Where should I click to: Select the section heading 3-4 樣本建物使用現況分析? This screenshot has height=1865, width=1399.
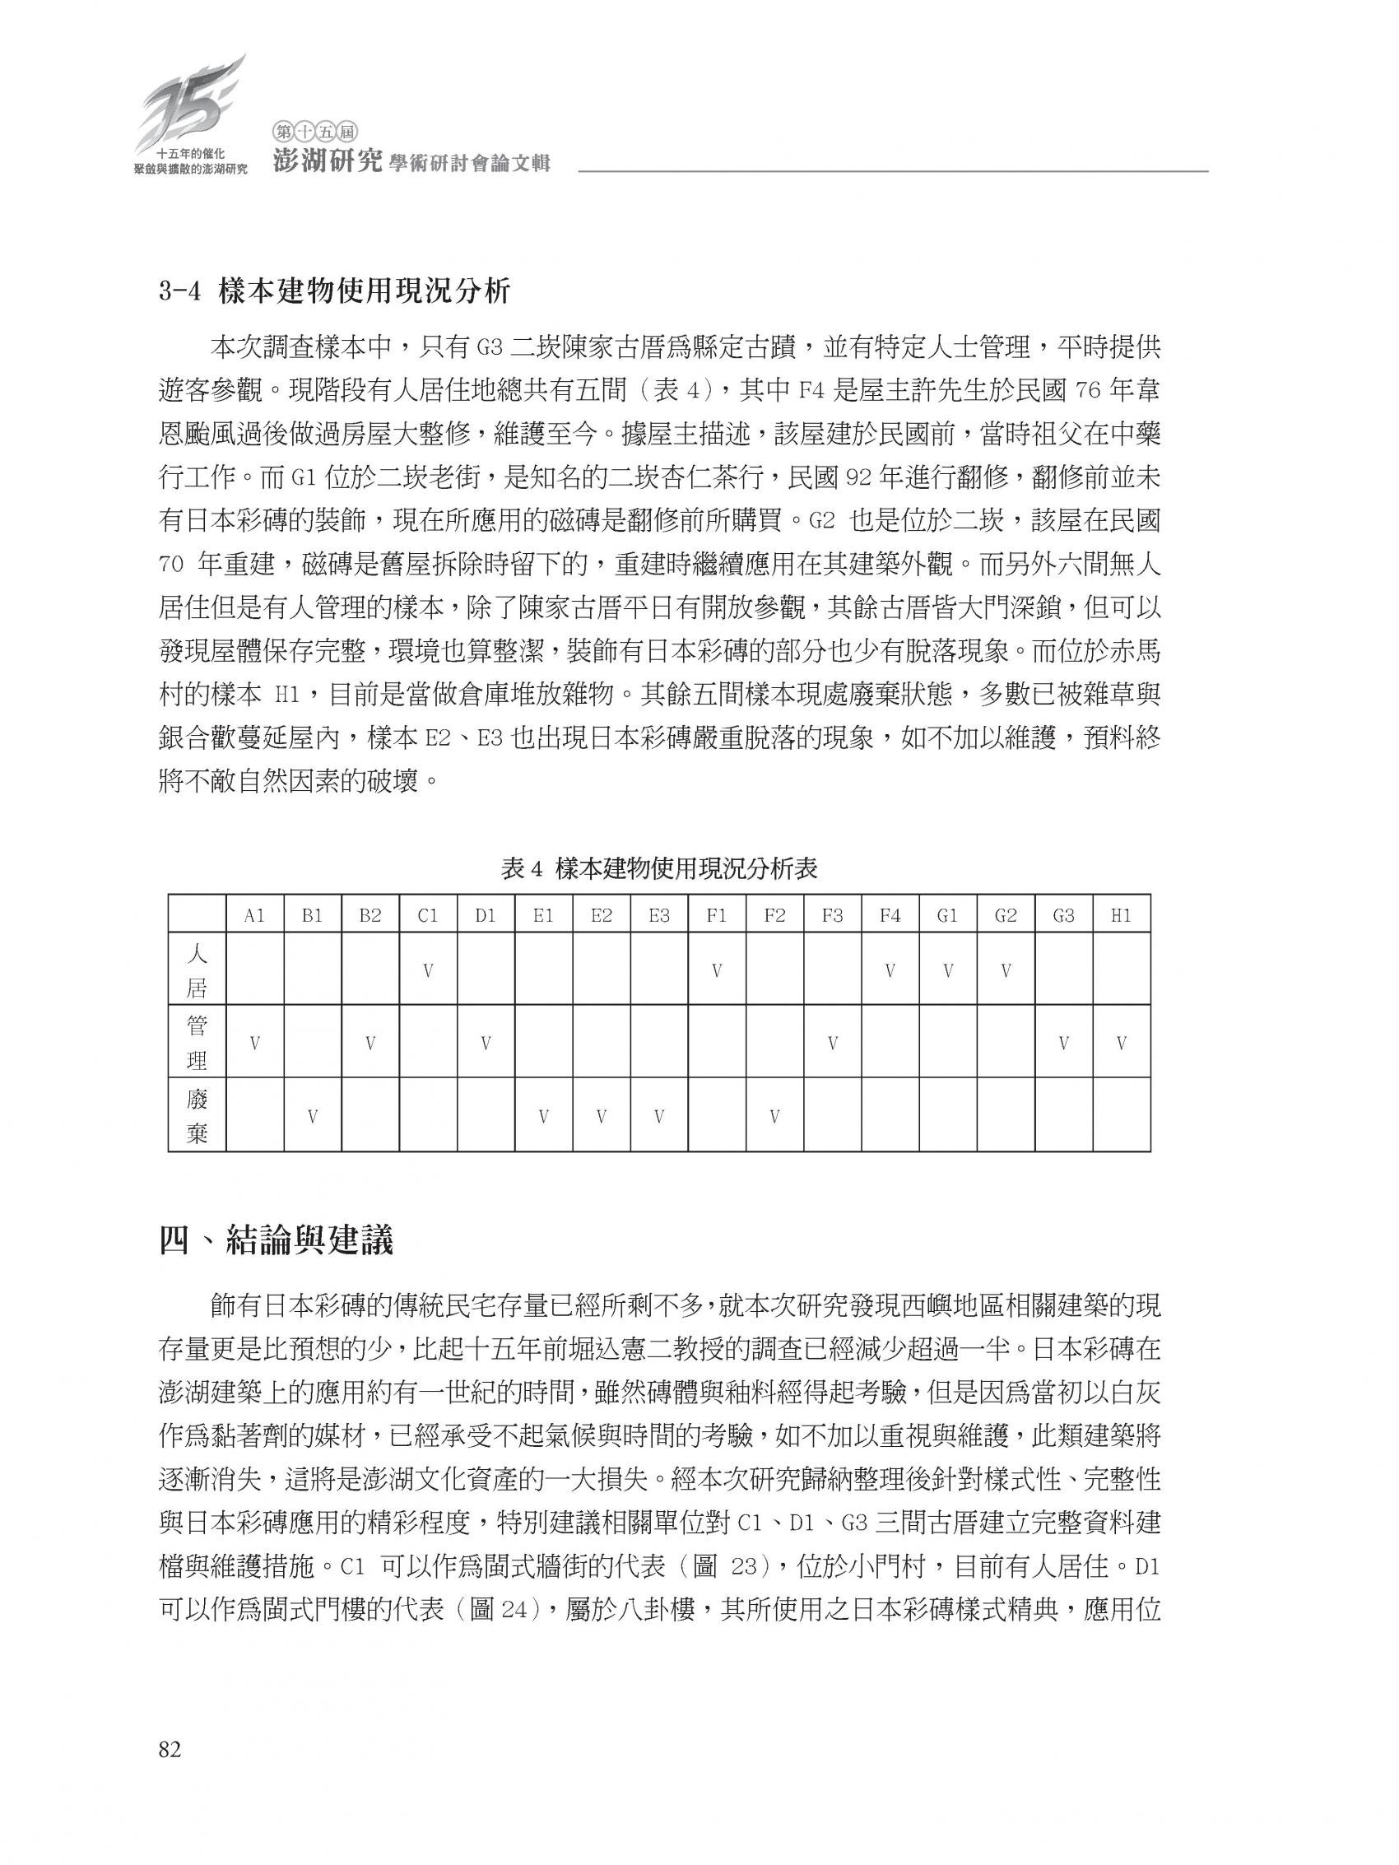point(334,291)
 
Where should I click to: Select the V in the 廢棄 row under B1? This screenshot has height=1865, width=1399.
point(313,1117)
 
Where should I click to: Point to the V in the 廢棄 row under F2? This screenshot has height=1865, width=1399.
point(775,1117)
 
